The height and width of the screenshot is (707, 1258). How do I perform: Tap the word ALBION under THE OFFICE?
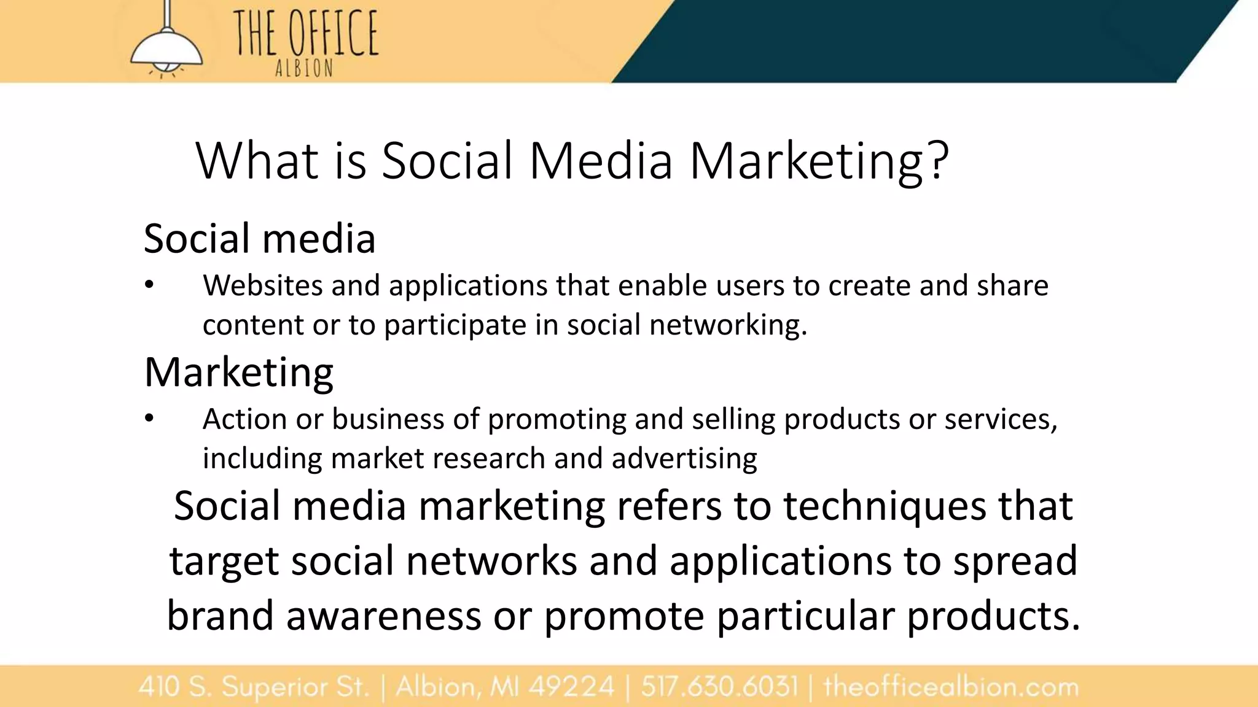tap(304, 69)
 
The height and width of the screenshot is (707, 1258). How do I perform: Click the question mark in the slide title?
tap(938, 161)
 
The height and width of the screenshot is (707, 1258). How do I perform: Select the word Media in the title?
tap(601, 161)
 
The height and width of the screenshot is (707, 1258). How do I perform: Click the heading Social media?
tap(259, 238)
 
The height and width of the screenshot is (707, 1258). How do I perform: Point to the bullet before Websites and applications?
tap(149, 285)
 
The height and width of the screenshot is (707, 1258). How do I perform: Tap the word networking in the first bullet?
tap(728, 325)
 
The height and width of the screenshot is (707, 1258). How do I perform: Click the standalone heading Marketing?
tap(239, 373)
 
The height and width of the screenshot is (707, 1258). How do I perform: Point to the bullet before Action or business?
tap(149, 419)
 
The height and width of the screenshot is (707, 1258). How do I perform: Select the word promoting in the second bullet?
tap(557, 420)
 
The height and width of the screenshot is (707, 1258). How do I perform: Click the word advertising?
tap(684, 458)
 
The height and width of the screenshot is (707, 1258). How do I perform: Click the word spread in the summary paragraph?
tap(1015, 562)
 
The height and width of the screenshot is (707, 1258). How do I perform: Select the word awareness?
tap(383, 616)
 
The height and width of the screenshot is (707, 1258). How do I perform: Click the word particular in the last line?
tap(806, 616)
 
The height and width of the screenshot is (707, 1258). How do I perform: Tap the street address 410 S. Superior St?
tap(254, 687)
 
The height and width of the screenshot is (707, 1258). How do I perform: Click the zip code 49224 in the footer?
tap(571, 687)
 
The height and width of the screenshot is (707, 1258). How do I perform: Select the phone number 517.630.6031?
tap(719, 687)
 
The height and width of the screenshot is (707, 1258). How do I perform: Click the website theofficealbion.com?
tap(951, 687)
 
